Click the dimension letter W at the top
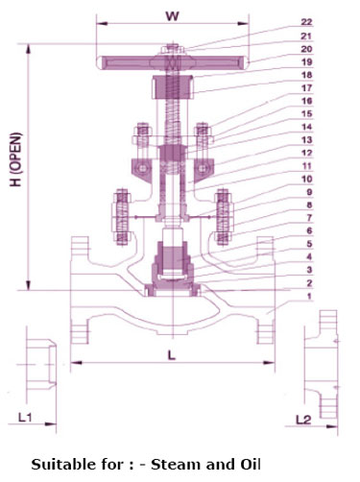[173, 16]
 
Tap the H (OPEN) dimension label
[15, 159]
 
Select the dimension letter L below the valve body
[172, 354]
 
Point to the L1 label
[25, 417]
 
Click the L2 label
[303, 420]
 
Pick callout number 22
[306, 22]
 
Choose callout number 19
[306, 61]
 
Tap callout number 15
[306, 113]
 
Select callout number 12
[306, 153]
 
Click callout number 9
[309, 192]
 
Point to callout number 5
[309, 244]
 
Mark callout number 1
[309, 296]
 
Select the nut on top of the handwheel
[173, 49]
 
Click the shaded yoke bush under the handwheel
[173, 86]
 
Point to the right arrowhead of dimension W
[243, 23]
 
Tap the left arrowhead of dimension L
[77, 363]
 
